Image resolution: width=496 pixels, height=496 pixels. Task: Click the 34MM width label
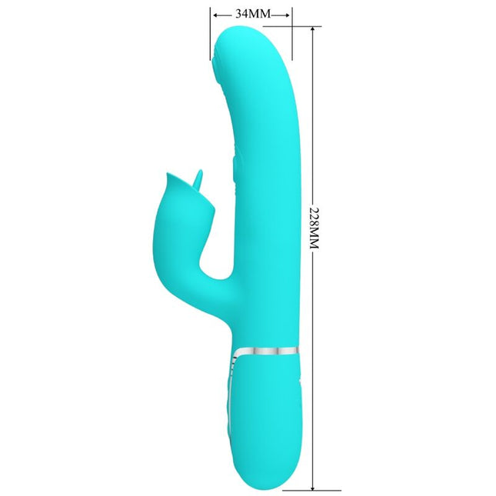tap(251, 14)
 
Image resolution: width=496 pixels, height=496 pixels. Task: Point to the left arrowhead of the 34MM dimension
tap(214, 14)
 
